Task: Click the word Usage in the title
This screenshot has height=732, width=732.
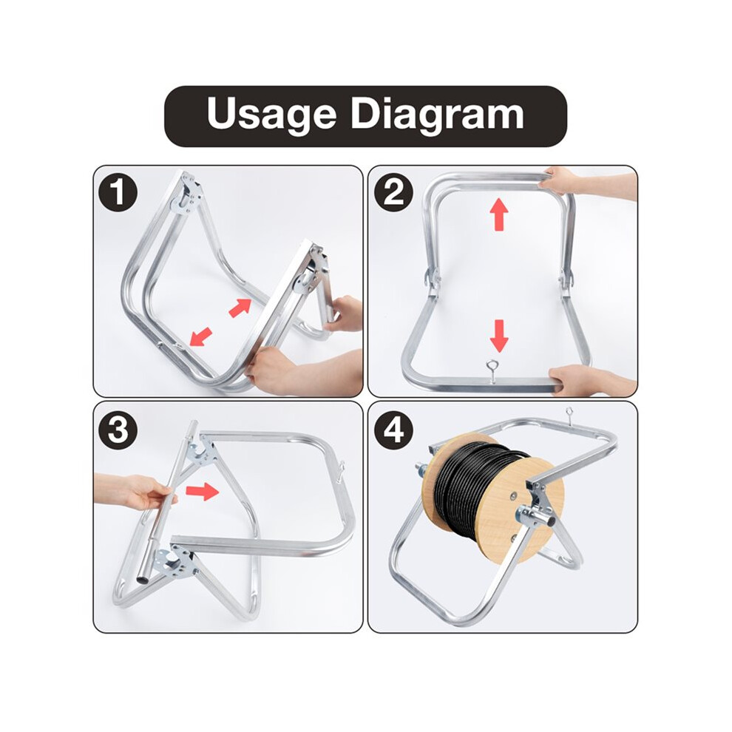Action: tap(271, 115)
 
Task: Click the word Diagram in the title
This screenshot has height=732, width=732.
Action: tap(438, 115)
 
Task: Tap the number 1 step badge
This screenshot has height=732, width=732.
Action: tap(118, 192)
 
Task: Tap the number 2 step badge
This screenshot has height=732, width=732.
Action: tap(393, 192)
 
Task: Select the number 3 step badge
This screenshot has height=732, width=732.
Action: tap(118, 430)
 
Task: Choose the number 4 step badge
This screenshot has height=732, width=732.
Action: tap(393, 430)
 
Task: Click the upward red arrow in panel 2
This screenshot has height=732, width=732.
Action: tap(499, 214)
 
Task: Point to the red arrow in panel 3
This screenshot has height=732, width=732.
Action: tap(202, 491)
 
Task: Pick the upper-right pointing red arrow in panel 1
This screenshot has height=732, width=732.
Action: tap(240, 308)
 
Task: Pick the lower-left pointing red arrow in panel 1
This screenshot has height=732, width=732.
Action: tap(201, 336)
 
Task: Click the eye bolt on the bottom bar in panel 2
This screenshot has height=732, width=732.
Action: tap(492, 371)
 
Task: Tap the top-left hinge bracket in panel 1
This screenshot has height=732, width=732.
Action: tap(188, 194)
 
